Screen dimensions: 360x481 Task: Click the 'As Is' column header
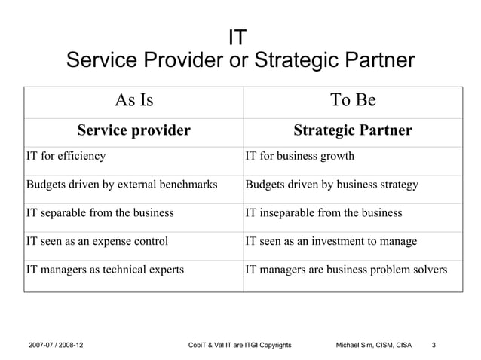click(x=133, y=100)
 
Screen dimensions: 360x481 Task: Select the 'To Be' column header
click(x=353, y=100)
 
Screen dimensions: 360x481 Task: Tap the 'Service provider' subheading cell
click(x=133, y=131)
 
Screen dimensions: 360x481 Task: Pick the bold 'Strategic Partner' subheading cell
click(x=353, y=131)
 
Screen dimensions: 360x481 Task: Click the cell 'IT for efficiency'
click(x=66, y=157)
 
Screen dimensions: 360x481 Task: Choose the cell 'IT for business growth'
click(x=300, y=157)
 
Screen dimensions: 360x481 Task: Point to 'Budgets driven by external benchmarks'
click(x=122, y=185)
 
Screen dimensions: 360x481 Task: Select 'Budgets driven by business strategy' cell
click(x=332, y=185)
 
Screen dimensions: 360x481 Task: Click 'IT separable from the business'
click(x=100, y=213)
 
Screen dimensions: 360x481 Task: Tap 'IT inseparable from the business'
click(x=323, y=213)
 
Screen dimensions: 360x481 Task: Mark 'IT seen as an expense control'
click(x=97, y=242)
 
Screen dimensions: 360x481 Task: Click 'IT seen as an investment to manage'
click(x=332, y=242)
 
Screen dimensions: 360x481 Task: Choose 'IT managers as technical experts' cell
click(x=105, y=270)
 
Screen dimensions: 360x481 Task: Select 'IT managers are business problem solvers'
click(x=347, y=270)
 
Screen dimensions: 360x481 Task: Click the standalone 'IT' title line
click(x=240, y=37)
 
